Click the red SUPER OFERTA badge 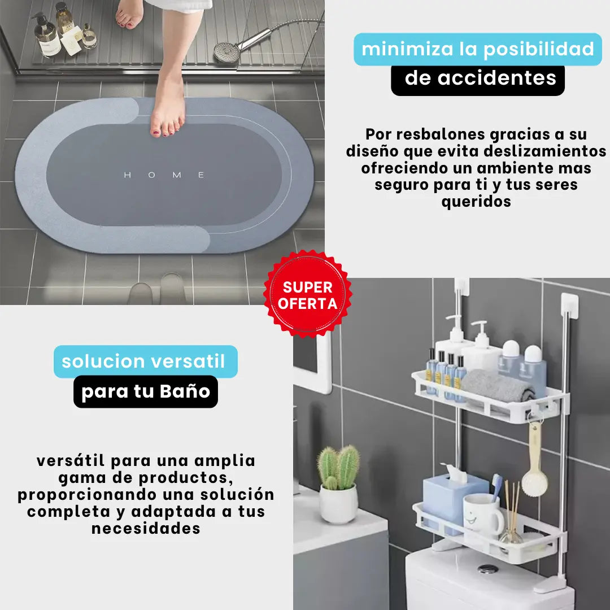307,294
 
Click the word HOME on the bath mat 164,175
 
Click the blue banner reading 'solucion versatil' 146,361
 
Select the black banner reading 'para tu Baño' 146,391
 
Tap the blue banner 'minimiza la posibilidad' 478,49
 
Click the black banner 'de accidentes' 478,79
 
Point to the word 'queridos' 476,202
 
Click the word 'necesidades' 146,528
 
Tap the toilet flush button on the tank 488,569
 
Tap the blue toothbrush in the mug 496,486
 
